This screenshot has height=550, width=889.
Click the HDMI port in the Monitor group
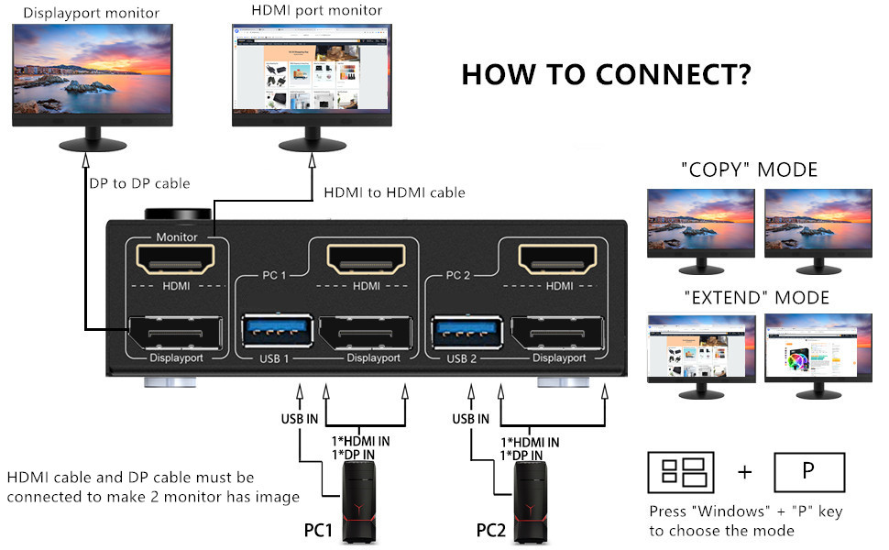coord(176,259)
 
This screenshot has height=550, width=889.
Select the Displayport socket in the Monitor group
coord(175,333)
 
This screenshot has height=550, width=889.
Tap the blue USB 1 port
coord(278,331)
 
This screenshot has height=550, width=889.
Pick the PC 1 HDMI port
coord(367,259)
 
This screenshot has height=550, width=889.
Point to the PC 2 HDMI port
coord(558,259)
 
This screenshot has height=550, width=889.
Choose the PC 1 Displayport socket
coord(366,333)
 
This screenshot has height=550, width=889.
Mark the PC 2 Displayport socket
coord(557,333)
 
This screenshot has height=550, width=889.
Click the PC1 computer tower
coord(358,502)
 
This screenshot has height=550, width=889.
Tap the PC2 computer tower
coord(531,502)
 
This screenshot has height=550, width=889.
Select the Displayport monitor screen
coord(93,69)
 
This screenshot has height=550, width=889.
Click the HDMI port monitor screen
coord(312,68)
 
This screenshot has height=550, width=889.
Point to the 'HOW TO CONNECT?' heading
coord(606,74)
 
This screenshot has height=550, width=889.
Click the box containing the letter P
coord(809,472)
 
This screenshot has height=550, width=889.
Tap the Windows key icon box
coord(681,472)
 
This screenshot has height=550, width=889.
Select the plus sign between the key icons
coord(745,472)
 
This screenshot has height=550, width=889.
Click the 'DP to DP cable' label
coord(139,183)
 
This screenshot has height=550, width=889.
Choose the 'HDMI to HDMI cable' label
coord(395,192)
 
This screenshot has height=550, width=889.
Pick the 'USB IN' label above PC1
coord(300,419)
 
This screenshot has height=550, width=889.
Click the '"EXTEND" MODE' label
coord(757,298)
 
